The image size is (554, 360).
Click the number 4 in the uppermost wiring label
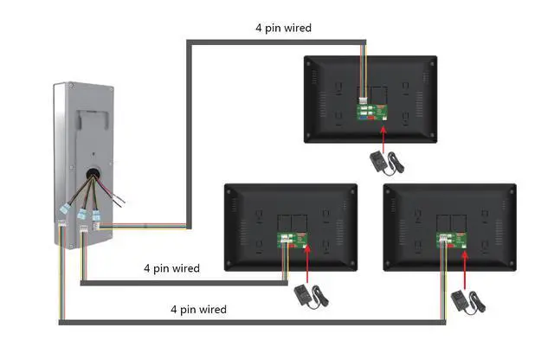[x=259, y=29]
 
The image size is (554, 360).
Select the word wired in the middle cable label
[x=184, y=268]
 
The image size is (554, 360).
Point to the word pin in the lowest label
[x=189, y=309]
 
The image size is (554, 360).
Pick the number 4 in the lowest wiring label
[x=174, y=309]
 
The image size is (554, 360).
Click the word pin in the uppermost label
[x=273, y=29]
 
